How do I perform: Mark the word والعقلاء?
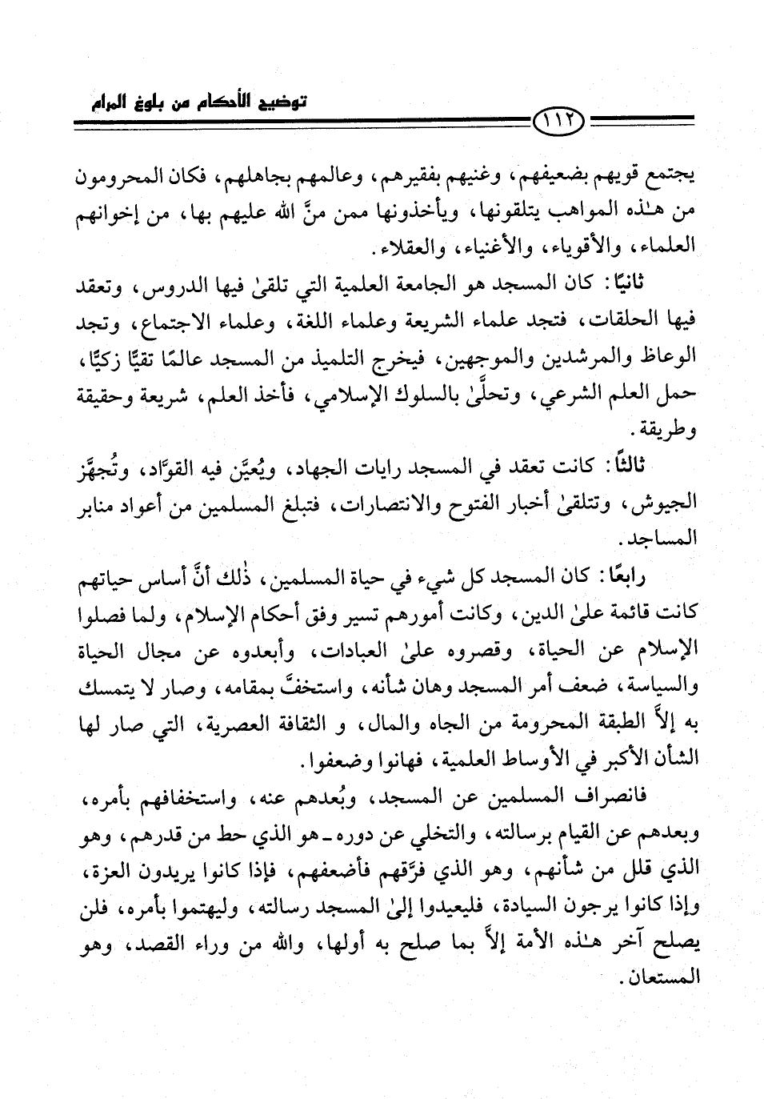390,245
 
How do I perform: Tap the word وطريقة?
667,430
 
